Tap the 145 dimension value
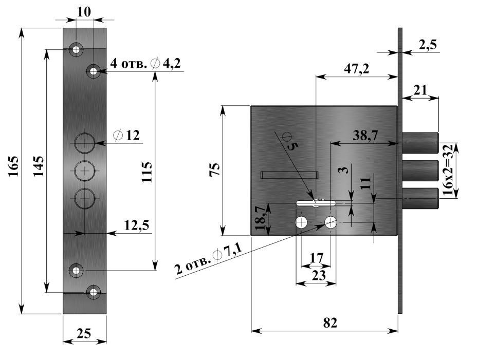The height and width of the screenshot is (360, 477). click(39, 166)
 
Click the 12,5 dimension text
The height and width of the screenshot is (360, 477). click(137, 224)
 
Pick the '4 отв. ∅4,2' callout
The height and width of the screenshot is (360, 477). click(146, 63)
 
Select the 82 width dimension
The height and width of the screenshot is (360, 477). click(330, 323)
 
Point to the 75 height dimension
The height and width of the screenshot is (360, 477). click(215, 169)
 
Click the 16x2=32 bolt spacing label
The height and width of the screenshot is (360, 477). click(448, 170)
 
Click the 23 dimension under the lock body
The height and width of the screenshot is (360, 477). click(319, 275)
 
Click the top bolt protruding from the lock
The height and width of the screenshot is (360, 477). click(419, 143)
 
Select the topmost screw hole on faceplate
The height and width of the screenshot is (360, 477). click(77, 49)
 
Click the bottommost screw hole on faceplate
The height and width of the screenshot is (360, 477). click(94, 292)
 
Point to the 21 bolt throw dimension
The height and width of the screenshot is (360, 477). click(420, 90)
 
